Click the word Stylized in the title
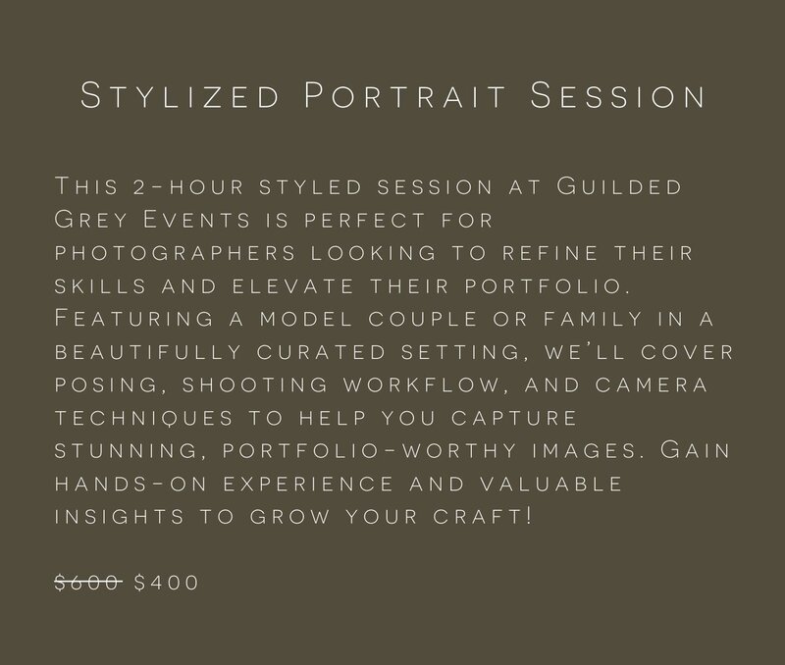click(180, 95)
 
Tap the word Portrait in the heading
click(405, 95)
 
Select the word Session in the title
click(617, 95)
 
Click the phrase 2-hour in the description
click(188, 186)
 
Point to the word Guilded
click(619, 186)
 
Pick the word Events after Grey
click(197, 219)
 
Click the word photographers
click(176, 253)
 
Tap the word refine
click(549, 253)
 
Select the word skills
click(101, 286)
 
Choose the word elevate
click(293, 286)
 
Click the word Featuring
click(134, 318)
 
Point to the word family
click(594, 319)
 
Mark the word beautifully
click(148, 352)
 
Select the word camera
click(652, 384)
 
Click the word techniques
click(144, 418)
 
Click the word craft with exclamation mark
click(483, 516)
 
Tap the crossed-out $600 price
click(88, 583)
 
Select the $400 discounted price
click(166, 583)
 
